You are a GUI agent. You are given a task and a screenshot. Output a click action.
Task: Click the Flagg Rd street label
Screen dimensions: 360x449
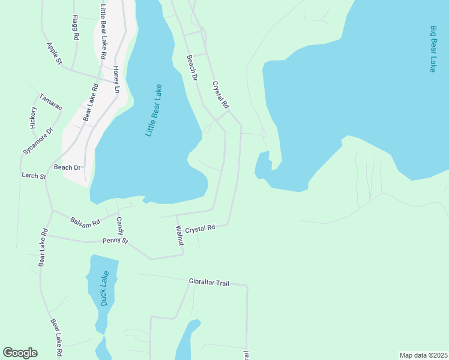76,28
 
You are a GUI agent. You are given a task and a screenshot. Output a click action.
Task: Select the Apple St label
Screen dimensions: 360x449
55,53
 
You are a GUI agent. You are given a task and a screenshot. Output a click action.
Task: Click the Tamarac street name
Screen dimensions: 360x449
50,101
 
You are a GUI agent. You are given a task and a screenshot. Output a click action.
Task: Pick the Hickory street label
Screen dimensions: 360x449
33,118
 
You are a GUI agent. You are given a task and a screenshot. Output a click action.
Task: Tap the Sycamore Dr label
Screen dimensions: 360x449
38,141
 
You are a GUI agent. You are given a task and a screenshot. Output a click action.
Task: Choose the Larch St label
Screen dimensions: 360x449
34,176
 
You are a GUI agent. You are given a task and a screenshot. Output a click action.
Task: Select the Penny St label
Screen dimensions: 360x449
115,241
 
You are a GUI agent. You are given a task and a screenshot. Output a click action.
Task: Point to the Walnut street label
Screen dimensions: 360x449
179,235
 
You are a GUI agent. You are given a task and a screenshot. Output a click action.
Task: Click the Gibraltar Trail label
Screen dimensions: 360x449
208,281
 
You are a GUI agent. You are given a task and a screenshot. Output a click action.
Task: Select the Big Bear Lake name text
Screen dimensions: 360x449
433,49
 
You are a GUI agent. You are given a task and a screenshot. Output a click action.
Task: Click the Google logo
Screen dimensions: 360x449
20,353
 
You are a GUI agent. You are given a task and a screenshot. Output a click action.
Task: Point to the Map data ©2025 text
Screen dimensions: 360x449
423,355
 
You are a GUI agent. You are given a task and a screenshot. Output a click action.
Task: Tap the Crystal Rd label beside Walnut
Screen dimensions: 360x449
200,229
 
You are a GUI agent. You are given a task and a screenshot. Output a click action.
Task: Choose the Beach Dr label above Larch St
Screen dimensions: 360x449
67,167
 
